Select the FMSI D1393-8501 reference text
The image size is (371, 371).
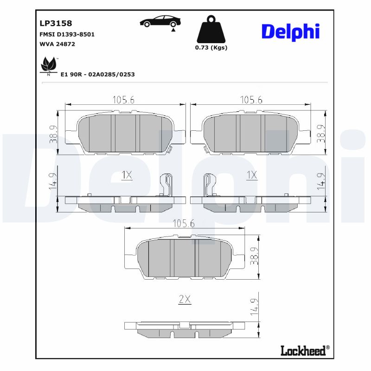tap(67, 34)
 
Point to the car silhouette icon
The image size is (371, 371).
tap(160, 21)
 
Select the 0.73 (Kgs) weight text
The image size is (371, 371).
tap(211, 48)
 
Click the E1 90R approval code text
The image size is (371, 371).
tap(97, 74)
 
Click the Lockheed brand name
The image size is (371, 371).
tap(303, 351)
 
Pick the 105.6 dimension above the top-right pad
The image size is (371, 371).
tap(251, 100)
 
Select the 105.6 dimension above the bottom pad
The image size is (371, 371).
tap(184, 224)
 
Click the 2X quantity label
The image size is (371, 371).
tap(185, 300)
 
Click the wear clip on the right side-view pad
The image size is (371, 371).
tap(209, 185)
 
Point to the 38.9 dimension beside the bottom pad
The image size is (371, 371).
tap(254, 256)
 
